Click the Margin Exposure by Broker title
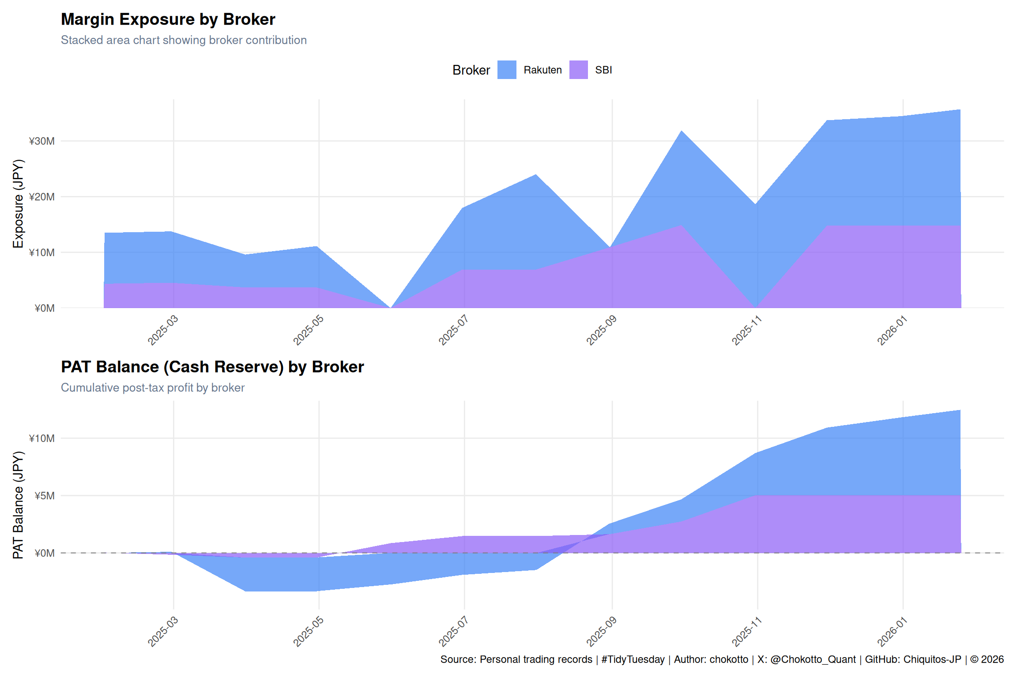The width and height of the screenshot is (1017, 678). pyautogui.click(x=168, y=19)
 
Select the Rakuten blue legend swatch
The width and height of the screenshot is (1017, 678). pyautogui.click(x=507, y=70)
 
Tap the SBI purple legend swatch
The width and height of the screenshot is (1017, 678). pyautogui.click(x=578, y=70)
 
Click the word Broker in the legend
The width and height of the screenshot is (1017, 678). pyautogui.click(x=471, y=70)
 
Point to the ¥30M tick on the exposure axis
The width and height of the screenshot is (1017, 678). pyautogui.click(x=42, y=141)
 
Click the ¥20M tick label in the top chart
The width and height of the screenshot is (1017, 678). pyautogui.click(x=42, y=197)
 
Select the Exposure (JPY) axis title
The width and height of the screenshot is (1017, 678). pyautogui.click(x=18, y=204)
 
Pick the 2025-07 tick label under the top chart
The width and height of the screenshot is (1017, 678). pyautogui.click(x=453, y=330)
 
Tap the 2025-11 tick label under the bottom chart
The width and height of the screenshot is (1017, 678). pyautogui.click(x=746, y=632)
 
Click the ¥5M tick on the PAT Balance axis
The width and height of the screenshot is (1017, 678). pyautogui.click(x=45, y=496)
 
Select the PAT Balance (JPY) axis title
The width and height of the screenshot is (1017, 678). pyautogui.click(x=18, y=505)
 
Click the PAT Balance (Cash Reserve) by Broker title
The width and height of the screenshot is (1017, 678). pyautogui.click(x=212, y=367)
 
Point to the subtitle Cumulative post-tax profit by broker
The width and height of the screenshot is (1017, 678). pyautogui.click(x=153, y=388)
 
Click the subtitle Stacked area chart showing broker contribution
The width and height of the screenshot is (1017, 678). pyautogui.click(x=184, y=40)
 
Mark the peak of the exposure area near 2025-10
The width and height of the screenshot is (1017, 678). pyautogui.click(x=682, y=131)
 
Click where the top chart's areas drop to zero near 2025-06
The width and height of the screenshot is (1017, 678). pyautogui.click(x=391, y=307)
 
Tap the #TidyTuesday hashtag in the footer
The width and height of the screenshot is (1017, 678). pyautogui.click(x=633, y=659)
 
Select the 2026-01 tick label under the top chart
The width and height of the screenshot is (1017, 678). pyautogui.click(x=892, y=330)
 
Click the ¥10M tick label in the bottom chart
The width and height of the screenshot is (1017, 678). pyautogui.click(x=42, y=438)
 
